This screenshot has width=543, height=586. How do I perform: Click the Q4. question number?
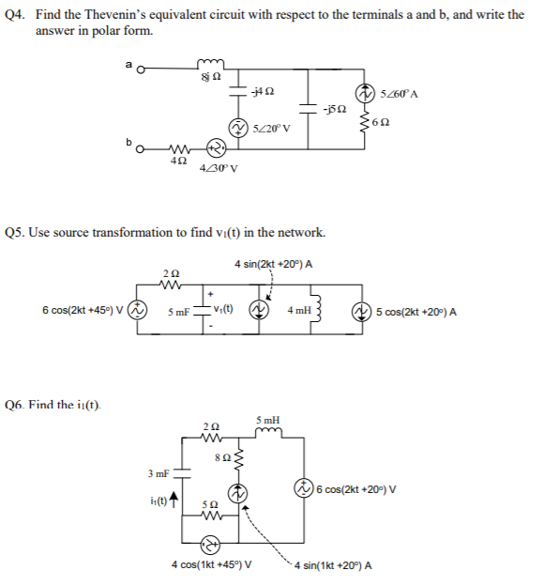(17, 15)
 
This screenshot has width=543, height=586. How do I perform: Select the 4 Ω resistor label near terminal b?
(177, 162)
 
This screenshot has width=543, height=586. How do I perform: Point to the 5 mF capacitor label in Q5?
(178, 312)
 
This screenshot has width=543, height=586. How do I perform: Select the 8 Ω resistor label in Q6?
(220, 458)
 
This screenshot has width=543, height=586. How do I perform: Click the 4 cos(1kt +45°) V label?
(211, 564)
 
